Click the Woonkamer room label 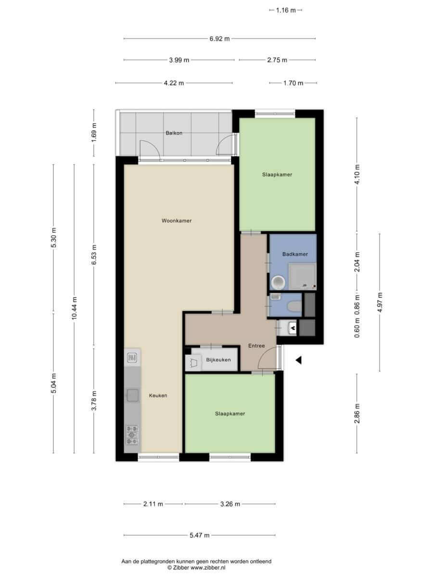click(177, 221)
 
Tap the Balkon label click(174, 133)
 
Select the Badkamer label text click(295, 254)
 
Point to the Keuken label click(158, 395)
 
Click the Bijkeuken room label click(218, 360)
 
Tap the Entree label click(256, 346)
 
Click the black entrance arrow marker click(298, 361)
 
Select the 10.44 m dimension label click(75, 308)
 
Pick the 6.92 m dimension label click(219, 39)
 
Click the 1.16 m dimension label click(286, 10)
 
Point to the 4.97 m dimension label click(380, 302)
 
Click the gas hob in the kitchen click(132, 435)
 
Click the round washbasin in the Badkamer click(279, 283)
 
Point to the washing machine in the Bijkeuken click(193, 363)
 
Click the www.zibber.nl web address click(208, 568)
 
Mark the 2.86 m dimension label click(357, 414)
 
